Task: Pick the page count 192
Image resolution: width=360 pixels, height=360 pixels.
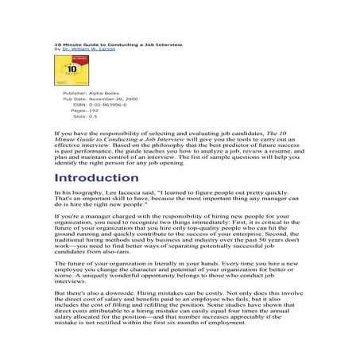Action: tap(94, 110)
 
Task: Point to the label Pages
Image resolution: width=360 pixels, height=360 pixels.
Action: tap(79, 110)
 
